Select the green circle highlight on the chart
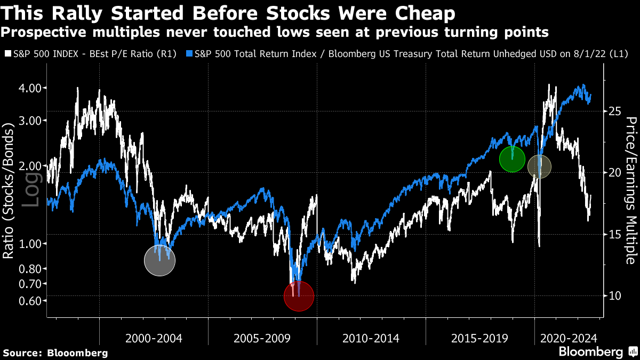tap(513, 159)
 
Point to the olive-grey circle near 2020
tap(539, 167)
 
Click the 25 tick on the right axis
tap(613, 111)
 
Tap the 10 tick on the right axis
tap(613, 295)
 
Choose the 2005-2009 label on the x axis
tap(262, 338)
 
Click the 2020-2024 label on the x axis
tap(569, 338)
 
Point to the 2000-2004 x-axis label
tap(154, 338)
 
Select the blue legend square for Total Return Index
tap(190, 54)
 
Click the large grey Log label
tap(32, 190)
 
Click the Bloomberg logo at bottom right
tap(597, 352)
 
